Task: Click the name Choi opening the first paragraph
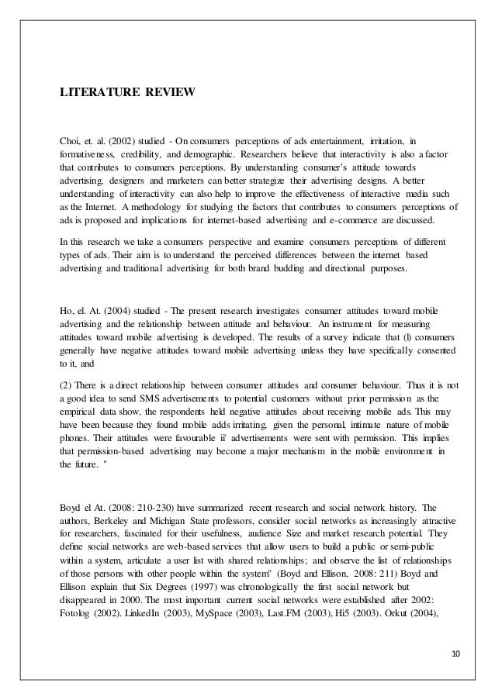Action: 72,141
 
